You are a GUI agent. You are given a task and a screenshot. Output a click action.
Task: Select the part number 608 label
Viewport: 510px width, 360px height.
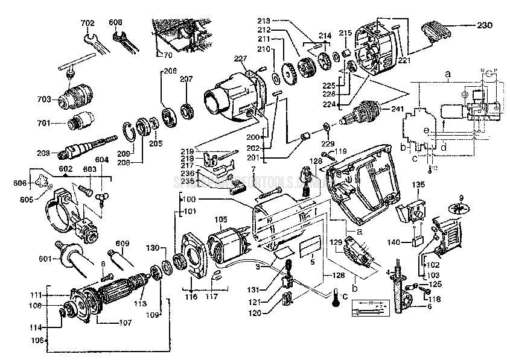pyautogui.click(x=116, y=23)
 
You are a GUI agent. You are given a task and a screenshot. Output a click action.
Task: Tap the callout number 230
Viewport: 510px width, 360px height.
pyautogui.click(x=485, y=25)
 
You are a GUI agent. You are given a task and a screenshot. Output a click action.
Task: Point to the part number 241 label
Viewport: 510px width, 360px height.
pyautogui.click(x=396, y=110)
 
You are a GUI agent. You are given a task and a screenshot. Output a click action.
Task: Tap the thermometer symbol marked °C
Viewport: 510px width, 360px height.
pyautogui.click(x=333, y=299)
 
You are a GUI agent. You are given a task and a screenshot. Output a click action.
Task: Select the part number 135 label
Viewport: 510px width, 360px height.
pyautogui.click(x=419, y=184)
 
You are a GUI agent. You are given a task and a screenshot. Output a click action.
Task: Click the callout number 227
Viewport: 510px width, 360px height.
pyautogui.click(x=241, y=58)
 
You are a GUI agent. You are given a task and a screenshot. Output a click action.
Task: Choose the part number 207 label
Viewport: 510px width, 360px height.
pyautogui.click(x=186, y=78)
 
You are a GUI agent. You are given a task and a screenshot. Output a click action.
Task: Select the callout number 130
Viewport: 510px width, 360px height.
pyautogui.click(x=153, y=248)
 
